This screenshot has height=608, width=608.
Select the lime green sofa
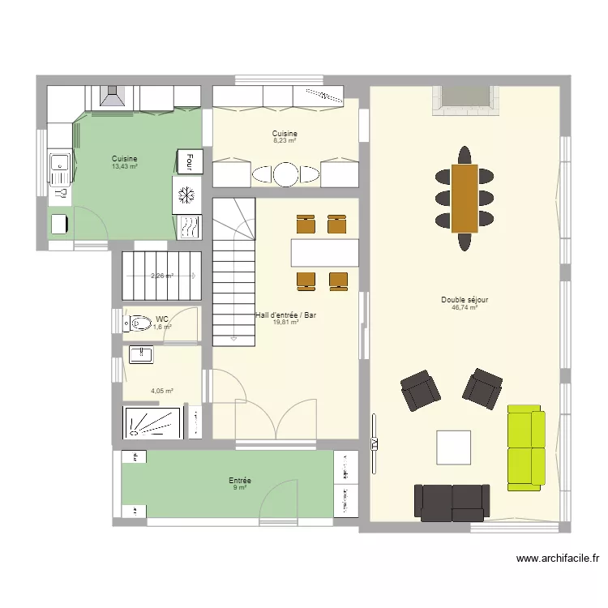[526, 449]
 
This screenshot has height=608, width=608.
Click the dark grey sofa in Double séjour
[452, 502]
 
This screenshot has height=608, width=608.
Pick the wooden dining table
[465, 198]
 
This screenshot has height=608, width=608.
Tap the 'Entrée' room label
[240, 481]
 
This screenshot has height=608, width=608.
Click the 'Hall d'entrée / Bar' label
[286, 315]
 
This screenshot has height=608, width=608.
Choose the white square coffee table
[453, 447]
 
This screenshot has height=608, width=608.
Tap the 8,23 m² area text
[285, 141]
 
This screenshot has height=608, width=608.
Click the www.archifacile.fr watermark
[560, 558]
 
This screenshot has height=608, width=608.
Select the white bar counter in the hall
[325, 252]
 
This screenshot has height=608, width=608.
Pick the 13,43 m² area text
[124, 167]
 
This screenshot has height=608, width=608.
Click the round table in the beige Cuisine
[285, 174]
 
